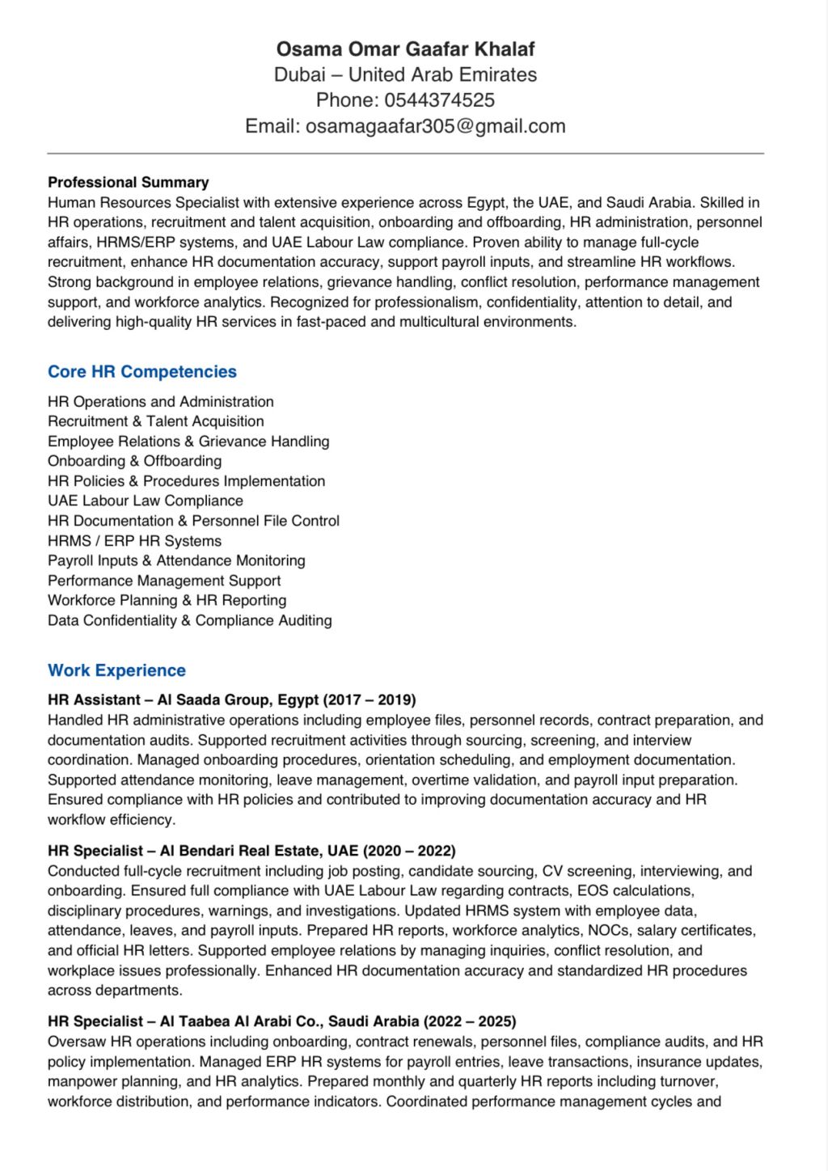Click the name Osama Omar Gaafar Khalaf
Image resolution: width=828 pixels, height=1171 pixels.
[405, 49]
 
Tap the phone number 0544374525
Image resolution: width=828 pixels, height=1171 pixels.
[439, 100]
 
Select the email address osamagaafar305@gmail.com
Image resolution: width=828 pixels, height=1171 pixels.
[435, 126]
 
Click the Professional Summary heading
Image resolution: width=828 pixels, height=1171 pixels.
[128, 182]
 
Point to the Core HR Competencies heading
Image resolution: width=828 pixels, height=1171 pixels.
[142, 372]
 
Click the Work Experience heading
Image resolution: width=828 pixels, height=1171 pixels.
[116, 670]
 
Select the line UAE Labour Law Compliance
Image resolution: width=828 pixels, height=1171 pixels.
[145, 501]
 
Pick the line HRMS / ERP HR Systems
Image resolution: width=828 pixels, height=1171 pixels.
[134, 541]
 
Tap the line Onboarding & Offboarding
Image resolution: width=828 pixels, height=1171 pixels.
[134, 461]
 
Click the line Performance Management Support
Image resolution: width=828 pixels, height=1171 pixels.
[164, 581]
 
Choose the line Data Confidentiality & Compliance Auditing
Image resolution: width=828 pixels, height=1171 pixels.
[189, 620]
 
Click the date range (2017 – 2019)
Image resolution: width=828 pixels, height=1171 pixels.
[370, 700]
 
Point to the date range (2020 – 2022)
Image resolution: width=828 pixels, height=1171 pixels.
[409, 851]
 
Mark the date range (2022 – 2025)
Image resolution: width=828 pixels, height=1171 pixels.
[470, 1021]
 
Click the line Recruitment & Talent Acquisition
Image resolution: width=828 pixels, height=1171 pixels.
[155, 421]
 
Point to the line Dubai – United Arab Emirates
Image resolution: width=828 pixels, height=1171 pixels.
[405, 75]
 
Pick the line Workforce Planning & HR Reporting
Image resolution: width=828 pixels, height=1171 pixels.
[167, 601]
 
